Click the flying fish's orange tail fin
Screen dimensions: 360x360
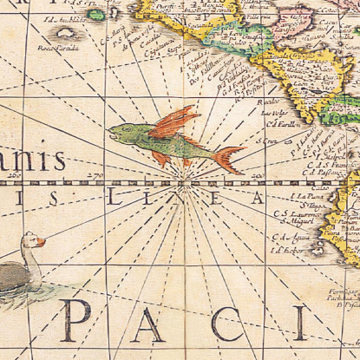click(x=228, y=159)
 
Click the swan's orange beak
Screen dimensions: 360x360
click(x=40, y=243)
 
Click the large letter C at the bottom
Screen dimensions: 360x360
click(x=227, y=323)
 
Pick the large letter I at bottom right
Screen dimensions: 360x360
click(x=298, y=323)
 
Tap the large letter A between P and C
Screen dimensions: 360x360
click(x=149, y=323)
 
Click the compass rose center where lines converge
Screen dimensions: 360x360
click(x=185, y=183)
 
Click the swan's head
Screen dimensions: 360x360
click(x=31, y=240)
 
